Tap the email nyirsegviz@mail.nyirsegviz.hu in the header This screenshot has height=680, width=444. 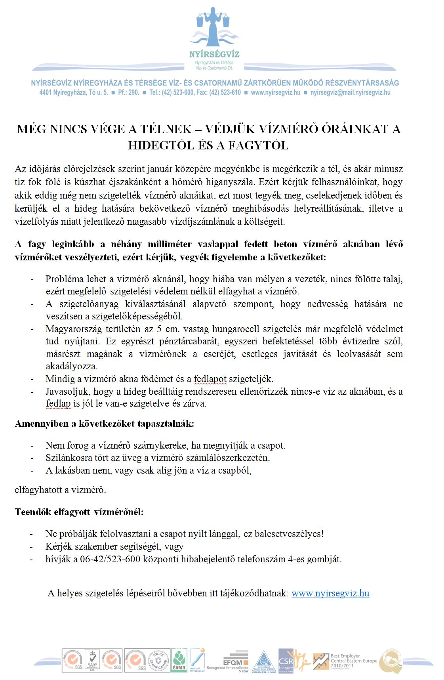click(351, 93)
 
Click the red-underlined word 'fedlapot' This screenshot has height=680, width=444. click(210, 379)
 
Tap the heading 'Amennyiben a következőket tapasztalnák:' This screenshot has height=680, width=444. click(105, 424)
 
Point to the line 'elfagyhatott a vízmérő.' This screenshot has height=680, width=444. click(60, 490)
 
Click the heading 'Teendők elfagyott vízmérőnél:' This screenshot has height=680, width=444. click(79, 512)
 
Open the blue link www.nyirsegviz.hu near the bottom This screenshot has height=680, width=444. click(330, 594)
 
